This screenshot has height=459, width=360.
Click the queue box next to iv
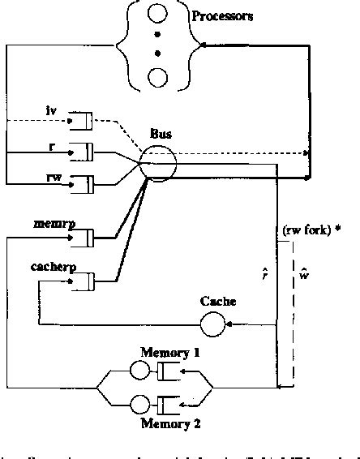[81, 122]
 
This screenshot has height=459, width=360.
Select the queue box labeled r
[81, 151]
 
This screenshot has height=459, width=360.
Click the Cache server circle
[213, 325]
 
